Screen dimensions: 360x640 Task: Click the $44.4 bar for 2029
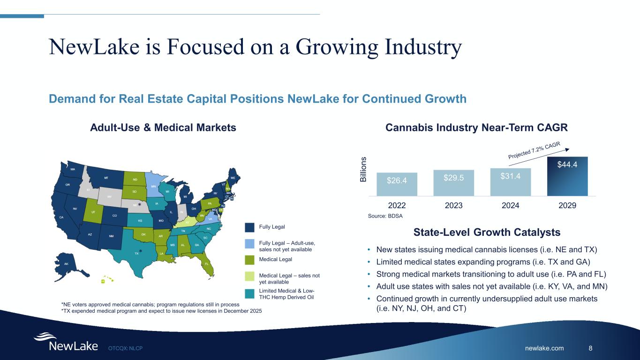click(567, 176)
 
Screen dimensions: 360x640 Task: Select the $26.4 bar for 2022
click(397, 184)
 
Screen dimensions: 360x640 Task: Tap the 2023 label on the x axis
click(454, 205)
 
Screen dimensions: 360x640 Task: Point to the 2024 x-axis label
click(511, 205)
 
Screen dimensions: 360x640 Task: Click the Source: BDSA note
click(385, 216)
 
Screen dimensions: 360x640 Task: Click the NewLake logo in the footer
click(65, 343)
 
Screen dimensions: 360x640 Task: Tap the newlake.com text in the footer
click(544, 348)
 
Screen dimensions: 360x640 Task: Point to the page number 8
click(590, 348)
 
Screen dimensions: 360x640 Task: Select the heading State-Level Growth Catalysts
click(487, 232)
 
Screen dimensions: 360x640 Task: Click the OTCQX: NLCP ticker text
click(125, 348)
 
